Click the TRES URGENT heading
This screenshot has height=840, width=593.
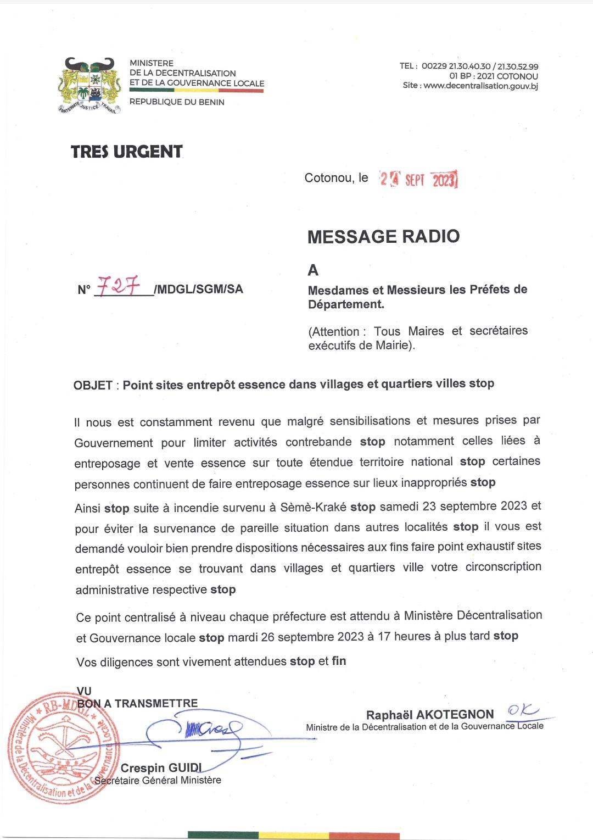pos(127,152)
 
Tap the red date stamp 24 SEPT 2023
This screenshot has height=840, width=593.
pos(419,179)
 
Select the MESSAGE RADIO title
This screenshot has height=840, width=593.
pos(383,236)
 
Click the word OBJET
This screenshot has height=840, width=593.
pos(93,385)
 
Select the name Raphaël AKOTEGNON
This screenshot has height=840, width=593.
pos(430,714)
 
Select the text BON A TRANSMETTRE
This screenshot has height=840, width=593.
pos(137,703)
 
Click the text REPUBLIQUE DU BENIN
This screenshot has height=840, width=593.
pos(177,102)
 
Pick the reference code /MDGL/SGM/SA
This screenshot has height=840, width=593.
pos(199,289)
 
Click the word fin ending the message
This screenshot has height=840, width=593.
pos(339,661)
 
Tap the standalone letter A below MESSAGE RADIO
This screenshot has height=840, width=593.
pos(313,270)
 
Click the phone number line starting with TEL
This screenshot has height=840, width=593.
pos(469,66)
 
